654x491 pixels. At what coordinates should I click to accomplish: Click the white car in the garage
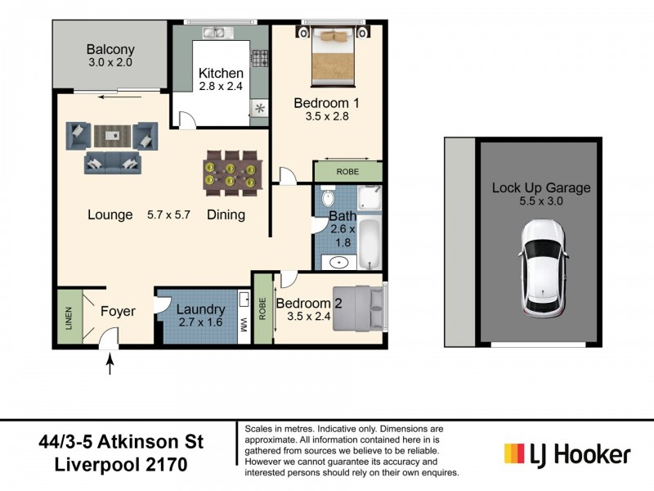point(541,270)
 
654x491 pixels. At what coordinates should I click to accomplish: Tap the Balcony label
point(111,49)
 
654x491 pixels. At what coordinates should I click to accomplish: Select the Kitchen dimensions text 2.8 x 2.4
point(221,88)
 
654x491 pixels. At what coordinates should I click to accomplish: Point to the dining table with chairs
point(231,173)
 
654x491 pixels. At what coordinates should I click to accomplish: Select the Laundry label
point(200,309)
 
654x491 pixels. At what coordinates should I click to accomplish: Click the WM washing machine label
point(244,325)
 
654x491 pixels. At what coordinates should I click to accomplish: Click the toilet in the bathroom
point(329,199)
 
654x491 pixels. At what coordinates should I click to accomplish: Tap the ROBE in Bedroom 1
point(348,172)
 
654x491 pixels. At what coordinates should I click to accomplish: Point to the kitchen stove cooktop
point(261,59)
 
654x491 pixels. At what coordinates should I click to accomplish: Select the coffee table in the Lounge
point(111,134)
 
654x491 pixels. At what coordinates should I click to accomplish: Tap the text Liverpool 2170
point(121,465)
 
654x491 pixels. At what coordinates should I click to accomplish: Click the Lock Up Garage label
point(540,187)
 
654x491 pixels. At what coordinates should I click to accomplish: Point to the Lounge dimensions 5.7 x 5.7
point(168,215)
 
